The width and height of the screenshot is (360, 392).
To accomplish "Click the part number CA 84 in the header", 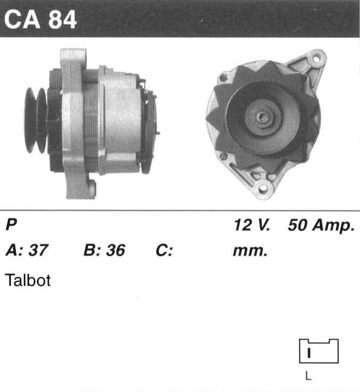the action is tap(40, 20).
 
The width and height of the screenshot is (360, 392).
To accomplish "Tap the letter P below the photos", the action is tap(11, 224).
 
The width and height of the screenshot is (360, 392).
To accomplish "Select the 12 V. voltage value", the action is tap(252, 225).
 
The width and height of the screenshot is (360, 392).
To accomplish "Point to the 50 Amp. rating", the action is tap(321, 226).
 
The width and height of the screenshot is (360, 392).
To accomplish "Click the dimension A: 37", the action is tap(27, 250).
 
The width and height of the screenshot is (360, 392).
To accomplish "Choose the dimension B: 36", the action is tap(104, 250).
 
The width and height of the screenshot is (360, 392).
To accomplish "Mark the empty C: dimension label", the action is tap(164, 250).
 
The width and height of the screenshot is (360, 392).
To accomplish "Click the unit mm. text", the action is tap(250, 251).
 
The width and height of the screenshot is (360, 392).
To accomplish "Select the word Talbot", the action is tap(28, 280).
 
